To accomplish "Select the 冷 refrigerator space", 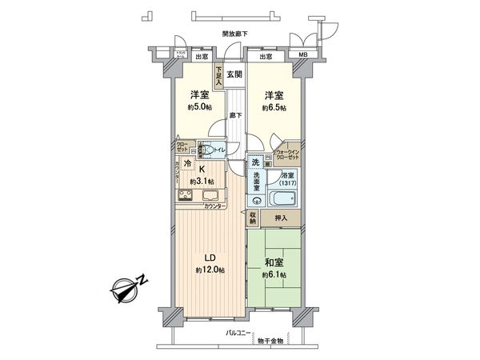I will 187,164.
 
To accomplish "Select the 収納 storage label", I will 252,216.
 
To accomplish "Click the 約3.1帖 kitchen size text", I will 204,182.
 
